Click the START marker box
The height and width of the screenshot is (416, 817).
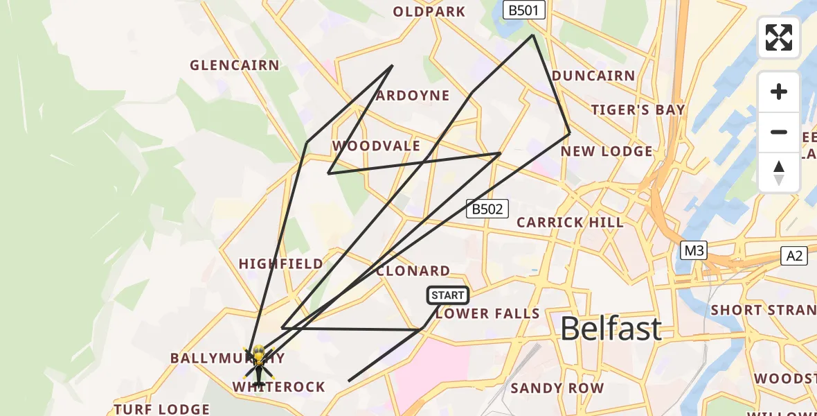448,295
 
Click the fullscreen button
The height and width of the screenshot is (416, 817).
779,37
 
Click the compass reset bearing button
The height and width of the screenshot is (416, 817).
779,173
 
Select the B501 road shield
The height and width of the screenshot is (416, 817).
524,10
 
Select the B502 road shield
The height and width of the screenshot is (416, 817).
487,209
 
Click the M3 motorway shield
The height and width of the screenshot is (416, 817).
693,251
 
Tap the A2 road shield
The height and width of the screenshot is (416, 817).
794,256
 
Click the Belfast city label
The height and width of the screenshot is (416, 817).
611,328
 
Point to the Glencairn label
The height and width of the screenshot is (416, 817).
235,65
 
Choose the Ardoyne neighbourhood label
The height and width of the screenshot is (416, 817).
413,96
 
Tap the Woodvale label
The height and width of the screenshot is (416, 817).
376,146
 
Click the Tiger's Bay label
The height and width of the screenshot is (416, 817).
638,110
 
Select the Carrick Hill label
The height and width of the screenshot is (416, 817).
570,223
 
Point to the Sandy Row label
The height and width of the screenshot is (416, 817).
557,388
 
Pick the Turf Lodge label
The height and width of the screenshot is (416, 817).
162,409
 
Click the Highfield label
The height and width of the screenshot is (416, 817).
280,264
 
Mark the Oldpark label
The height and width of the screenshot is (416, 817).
429,12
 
